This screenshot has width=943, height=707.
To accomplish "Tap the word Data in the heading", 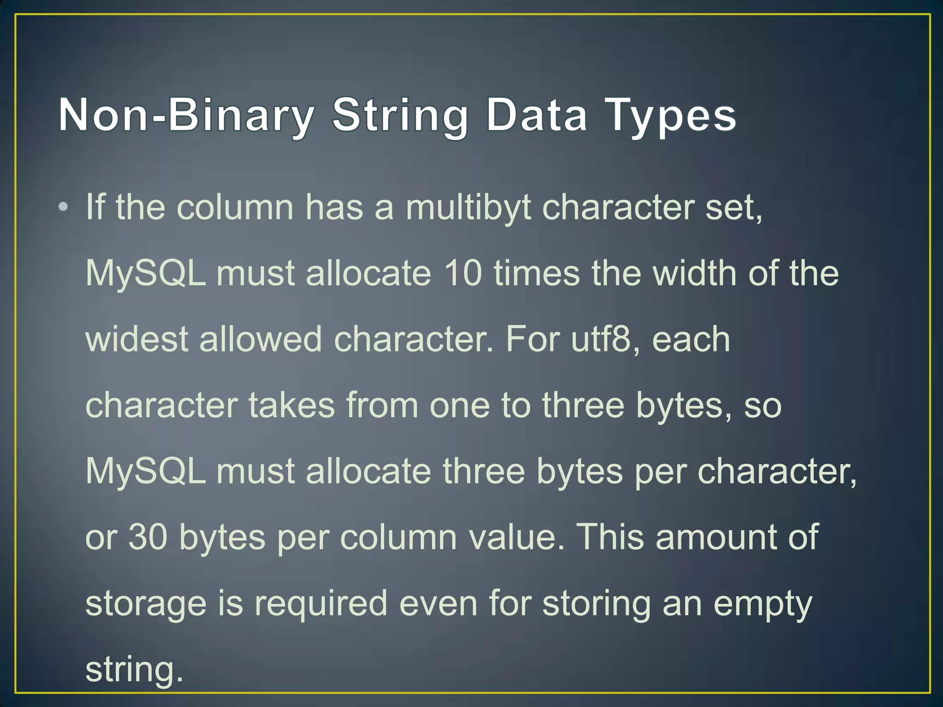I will pos(536,115).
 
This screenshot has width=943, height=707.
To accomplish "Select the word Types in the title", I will pos(672,115).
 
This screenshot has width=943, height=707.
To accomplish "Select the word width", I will pos(695,273).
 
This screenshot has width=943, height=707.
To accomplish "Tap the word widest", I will pos(137,339).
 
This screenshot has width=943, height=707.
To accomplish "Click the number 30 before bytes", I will pos(148,537).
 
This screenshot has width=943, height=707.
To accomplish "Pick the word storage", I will pos(146,604).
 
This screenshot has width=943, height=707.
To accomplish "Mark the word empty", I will pos(763,604).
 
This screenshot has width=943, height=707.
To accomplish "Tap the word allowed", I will pos(260,339).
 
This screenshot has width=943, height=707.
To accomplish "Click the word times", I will pos(536,273).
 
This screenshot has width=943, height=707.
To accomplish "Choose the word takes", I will pos(291,406).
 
